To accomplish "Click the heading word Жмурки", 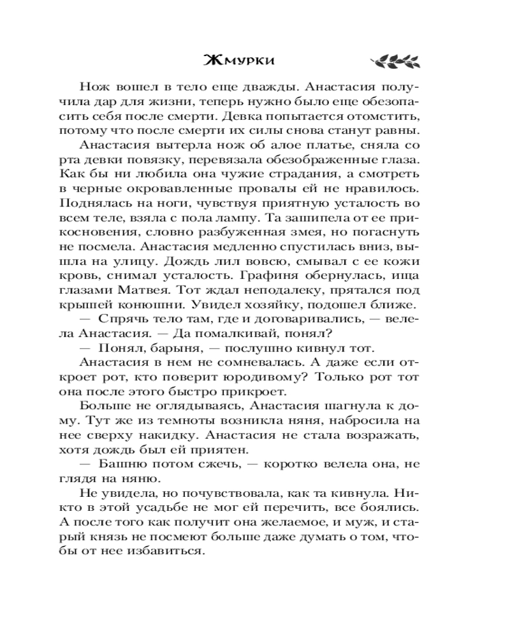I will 239,61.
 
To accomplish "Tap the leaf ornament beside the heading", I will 394,61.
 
